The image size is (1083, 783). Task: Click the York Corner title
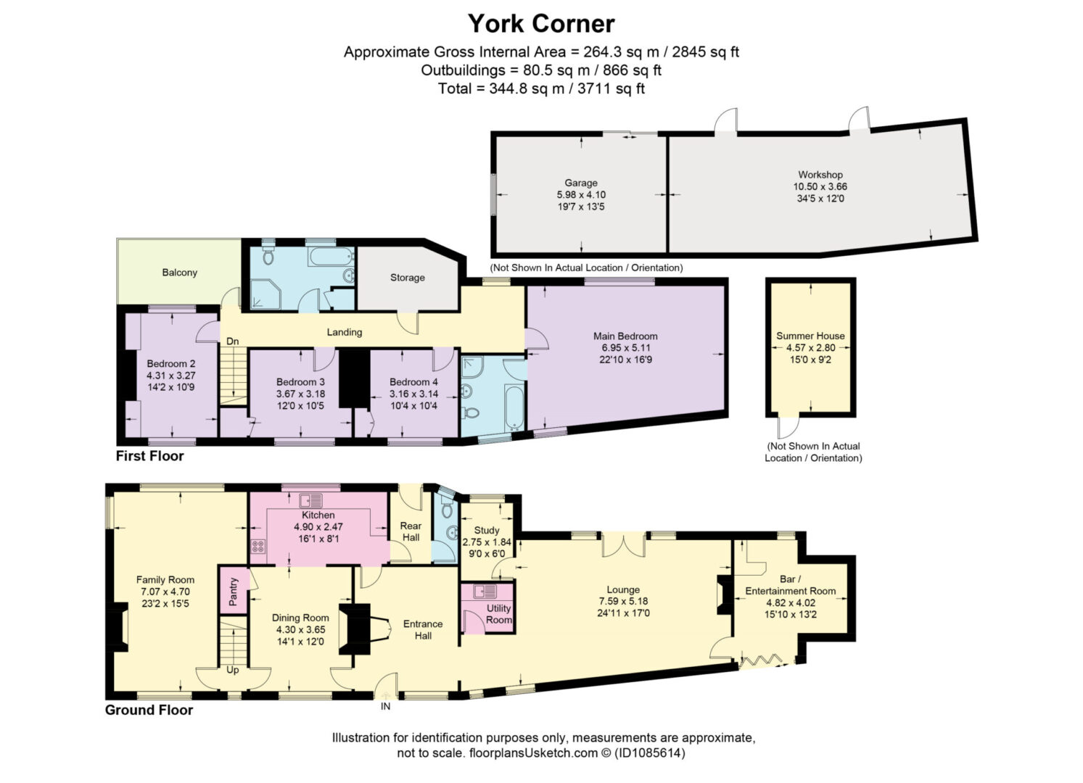pyautogui.click(x=541, y=24)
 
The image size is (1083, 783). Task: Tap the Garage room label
pyautogui.click(x=580, y=183)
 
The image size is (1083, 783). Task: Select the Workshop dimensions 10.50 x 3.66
pyautogui.click(x=820, y=186)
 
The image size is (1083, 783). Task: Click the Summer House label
pyautogui.click(x=810, y=336)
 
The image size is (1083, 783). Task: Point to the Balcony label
pyautogui.click(x=179, y=273)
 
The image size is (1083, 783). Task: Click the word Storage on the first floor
pyautogui.click(x=408, y=278)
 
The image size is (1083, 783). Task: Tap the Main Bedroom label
pyautogui.click(x=625, y=336)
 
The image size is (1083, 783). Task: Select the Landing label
pyautogui.click(x=345, y=332)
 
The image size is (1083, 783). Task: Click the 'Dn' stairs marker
pyautogui.click(x=233, y=341)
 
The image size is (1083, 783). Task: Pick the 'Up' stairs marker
pyautogui.click(x=233, y=670)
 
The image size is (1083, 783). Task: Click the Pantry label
pyautogui.click(x=233, y=592)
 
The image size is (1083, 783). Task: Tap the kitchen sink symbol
pyautogui.click(x=311, y=500)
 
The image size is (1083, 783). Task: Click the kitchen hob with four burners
pyautogui.click(x=258, y=546)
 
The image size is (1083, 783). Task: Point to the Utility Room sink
pyautogui.click(x=485, y=592)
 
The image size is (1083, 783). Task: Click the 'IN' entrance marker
pyautogui.click(x=385, y=706)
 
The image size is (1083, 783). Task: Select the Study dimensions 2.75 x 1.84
pyautogui.click(x=487, y=542)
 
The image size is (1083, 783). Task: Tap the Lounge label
pyautogui.click(x=623, y=589)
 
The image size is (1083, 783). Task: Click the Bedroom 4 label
pyautogui.click(x=414, y=382)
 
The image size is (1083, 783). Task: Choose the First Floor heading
pyautogui.click(x=150, y=456)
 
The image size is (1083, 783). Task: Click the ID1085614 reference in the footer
pyautogui.click(x=650, y=753)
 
